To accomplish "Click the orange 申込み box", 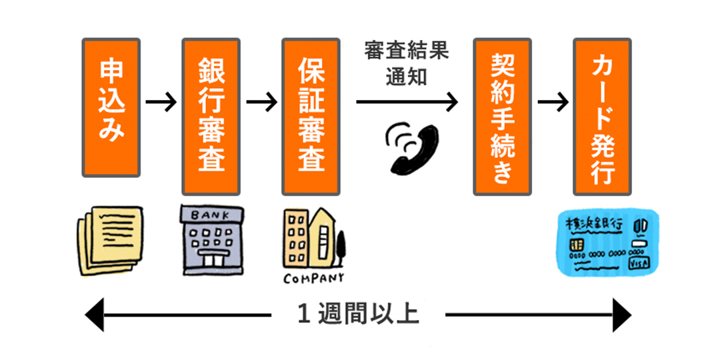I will (111, 107).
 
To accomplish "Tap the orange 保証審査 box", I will (311, 116).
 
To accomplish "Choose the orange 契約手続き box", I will (502, 116).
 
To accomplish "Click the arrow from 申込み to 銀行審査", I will (161, 103).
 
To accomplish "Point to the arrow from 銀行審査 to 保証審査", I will (261, 103).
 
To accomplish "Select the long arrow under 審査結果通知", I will (407, 103).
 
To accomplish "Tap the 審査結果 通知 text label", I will (407, 63).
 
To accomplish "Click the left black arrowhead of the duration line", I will (95, 314).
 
